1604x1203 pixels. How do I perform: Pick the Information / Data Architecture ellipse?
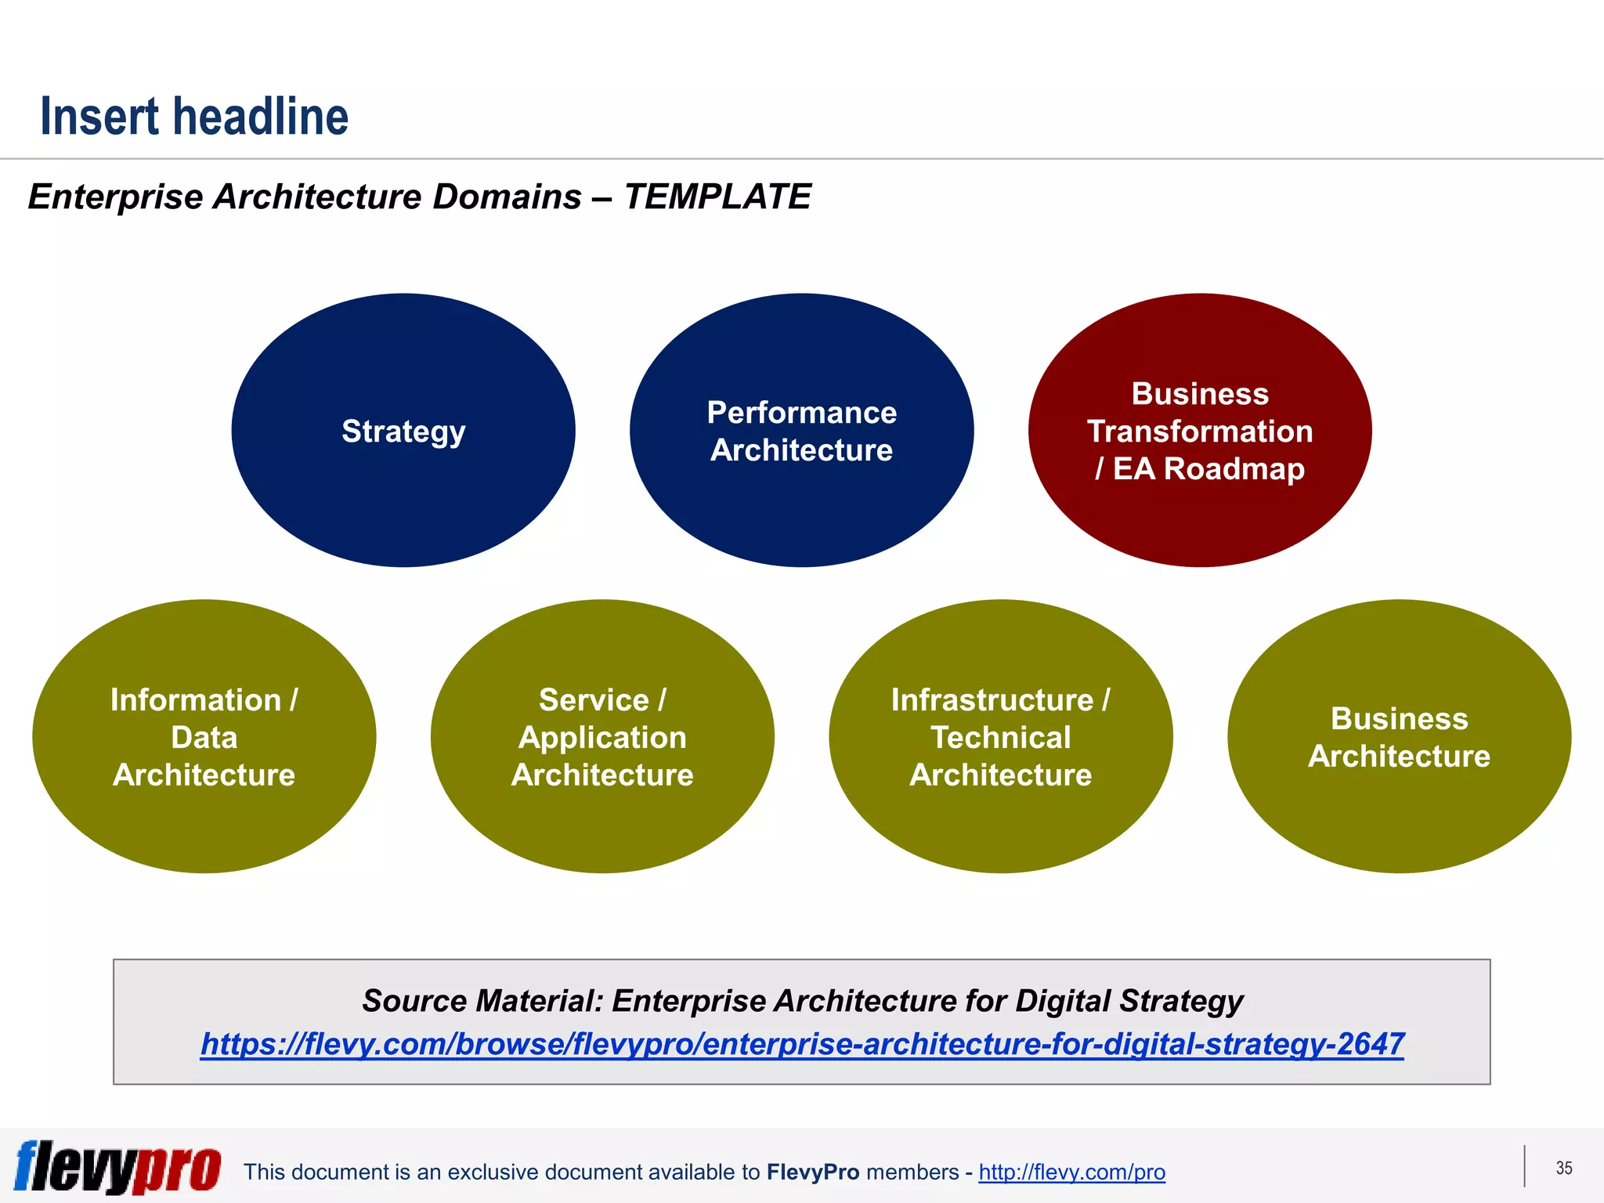coord(204,822)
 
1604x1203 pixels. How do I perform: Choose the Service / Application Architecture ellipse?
coord(602,822)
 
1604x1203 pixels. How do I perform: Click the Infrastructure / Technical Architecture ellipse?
coord(1000,822)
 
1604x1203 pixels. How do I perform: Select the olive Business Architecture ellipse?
coord(1399,815)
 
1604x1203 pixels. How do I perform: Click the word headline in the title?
coord(261,117)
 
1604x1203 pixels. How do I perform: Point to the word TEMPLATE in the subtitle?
coord(717,197)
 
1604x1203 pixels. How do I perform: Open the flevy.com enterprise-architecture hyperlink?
coord(802,1044)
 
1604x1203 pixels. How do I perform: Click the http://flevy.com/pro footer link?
coord(1071,1172)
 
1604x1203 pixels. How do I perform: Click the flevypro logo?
coord(117,1167)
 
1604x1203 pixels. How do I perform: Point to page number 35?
coord(1563,1168)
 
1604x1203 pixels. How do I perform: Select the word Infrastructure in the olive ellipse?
coord(992,700)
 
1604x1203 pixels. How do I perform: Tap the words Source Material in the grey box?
coord(482,1001)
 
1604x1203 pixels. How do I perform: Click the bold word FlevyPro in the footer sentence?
coord(813,1172)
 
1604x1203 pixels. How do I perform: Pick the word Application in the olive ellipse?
coord(602,738)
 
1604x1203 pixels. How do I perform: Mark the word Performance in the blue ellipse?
coord(801,413)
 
